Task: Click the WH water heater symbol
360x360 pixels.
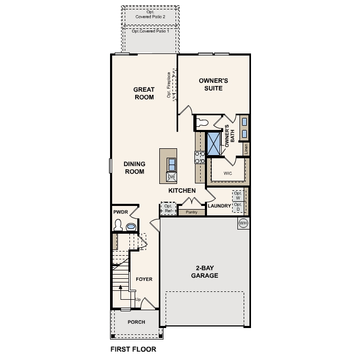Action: tap(243, 224)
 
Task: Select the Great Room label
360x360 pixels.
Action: tap(144, 93)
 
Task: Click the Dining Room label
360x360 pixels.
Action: tap(134, 168)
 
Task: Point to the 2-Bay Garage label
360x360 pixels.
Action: tap(204, 271)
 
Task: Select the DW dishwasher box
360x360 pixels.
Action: tap(171, 177)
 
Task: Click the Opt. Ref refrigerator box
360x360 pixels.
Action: tap(168, 209)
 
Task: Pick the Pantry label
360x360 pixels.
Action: tap(191, 212)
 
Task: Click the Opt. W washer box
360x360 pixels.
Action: tap(238, 195)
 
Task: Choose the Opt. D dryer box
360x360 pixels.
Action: tap(238, 207)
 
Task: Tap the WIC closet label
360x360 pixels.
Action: tap(227, 172)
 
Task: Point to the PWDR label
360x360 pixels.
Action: tap(121, 212)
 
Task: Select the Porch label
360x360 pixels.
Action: tap(136, 322)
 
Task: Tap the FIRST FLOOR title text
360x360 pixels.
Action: tap(133, 349)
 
